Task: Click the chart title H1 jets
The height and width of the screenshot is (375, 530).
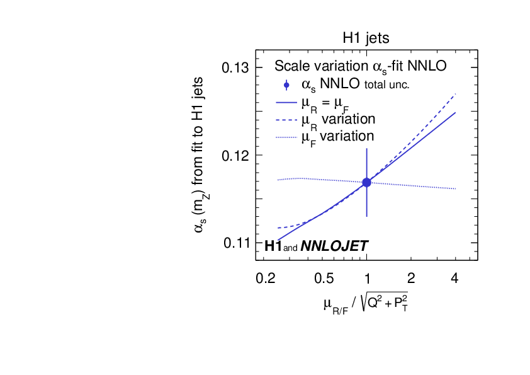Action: point(366,38)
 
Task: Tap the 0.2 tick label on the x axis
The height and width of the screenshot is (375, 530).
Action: point(268,278)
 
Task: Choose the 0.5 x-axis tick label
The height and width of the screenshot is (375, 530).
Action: point(324,278)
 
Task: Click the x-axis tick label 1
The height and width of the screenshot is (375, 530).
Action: point(366,278)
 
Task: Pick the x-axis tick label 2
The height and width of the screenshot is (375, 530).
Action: point(411,278)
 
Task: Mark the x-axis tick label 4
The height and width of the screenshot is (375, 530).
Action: point(454,278)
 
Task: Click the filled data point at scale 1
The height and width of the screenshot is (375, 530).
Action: point(366,183)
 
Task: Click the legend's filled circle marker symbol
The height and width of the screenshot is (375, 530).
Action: point(287,84)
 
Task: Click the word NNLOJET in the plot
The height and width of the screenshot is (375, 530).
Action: point(334,246)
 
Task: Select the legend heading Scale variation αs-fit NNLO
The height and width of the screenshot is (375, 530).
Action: point(361,66)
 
